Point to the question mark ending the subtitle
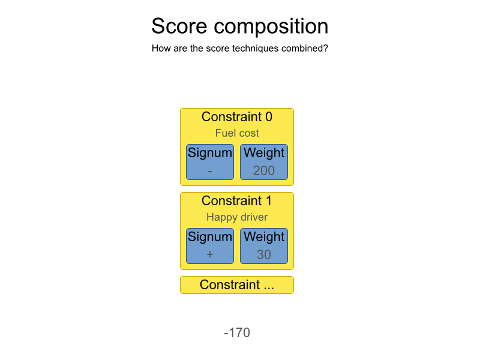[x=325, y=48]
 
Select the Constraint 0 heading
[x=237, y=116]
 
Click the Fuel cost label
[x=237, y=133]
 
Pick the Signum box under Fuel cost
[x=210, y=161]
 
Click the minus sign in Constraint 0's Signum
[x=210, y=171]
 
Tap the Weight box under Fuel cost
[x=264, y=161]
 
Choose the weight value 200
[x=264, y=171]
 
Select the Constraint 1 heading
[x=237, y=200]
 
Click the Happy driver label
[x=237, y=217]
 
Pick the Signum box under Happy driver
[x=210, y=245]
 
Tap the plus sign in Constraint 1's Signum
[x=210, y=255]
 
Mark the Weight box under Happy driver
[x=264, y=245]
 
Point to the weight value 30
[x=264, y=255]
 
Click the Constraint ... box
[x=237, y=285]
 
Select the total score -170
[x=237, y=333]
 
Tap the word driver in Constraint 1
[x=253, y=217]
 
